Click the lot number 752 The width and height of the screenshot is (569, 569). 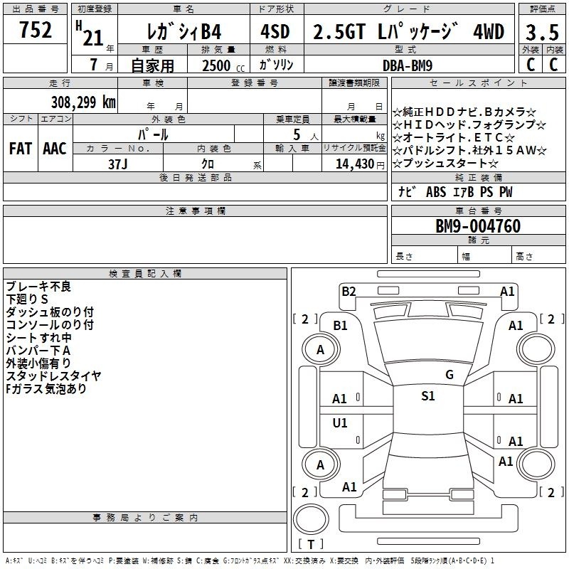(x=35, y=29)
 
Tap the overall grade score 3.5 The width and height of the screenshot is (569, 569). (x=542, y=32)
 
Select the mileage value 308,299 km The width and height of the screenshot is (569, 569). (x=83, y=102)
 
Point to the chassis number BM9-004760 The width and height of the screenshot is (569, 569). (x=478, y=226)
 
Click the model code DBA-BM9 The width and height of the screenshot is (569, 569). (x=408, y=65)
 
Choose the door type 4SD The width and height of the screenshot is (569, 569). (x=275, y=31)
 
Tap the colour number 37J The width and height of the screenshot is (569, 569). (x=118, y=164)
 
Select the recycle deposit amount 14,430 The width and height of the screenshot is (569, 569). (x=355, y=164)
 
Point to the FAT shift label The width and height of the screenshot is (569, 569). (x=21, y=149)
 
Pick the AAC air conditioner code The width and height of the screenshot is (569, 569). (x=55, y=149)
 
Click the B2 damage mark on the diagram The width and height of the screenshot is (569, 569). (x=349, y=291)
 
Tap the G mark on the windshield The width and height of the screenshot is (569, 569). (x=450, y=375)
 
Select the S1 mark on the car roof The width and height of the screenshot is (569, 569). (x=428, y=396)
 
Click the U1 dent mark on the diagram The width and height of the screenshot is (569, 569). (x=340, y=422)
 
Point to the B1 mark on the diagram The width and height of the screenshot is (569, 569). (x=340, y=326)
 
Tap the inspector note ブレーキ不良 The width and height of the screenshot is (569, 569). (x=38, y=287)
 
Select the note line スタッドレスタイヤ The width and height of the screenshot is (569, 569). (x=53, y=376)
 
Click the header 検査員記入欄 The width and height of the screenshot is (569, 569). (x=145, y=274)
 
